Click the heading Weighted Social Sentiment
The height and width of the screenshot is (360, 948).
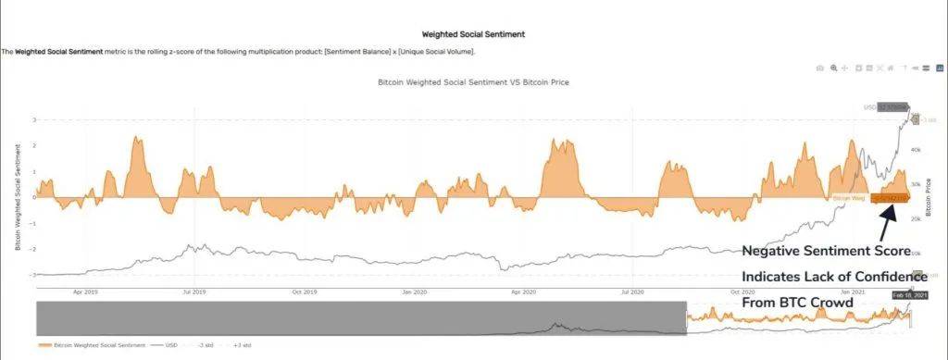click(473, 34)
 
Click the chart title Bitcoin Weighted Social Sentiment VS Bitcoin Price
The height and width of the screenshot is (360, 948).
click(473, 82)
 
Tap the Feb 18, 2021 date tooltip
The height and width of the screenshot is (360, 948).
click(909, 295)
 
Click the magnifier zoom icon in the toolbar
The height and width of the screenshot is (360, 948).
click(834, 68)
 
